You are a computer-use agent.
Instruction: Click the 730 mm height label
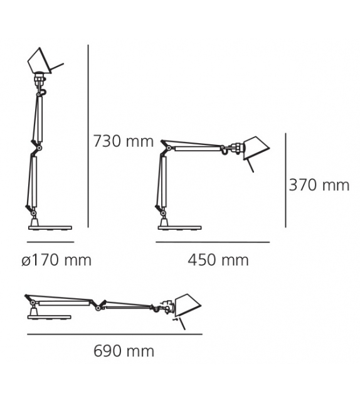pyautogui.click(x=123, y=142)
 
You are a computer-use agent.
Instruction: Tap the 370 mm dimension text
pyautogui.click(x=319, y=185)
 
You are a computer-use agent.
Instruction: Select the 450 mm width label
pyautogui.click(x=218, y=260)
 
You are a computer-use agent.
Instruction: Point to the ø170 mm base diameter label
pyautogui.click(x=56, y=260)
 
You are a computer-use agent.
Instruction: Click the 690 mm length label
pyautogui.click(x=124, y=352)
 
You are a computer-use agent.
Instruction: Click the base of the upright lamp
pyautogui.click(x=50, y=227)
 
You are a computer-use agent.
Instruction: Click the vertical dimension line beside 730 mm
pyautogui.click(x=88, y=136)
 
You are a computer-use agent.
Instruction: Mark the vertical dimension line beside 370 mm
pyautogui.click(x=286, y=180)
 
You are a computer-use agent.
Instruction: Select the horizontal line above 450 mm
pyautogui.click(x=213, y=242)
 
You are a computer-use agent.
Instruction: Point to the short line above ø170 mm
pyautogui.click(x=51, y=242)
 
